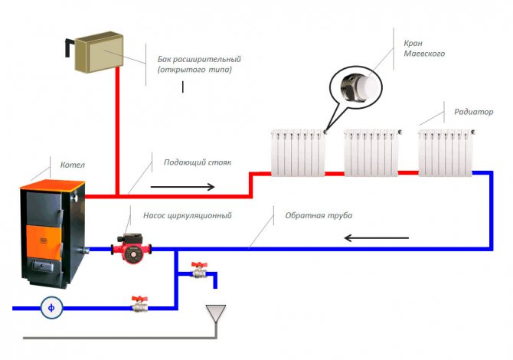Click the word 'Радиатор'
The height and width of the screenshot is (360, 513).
point(473,112)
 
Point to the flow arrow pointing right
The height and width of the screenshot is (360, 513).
point(182,185)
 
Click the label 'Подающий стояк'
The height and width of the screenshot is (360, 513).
point(197,162)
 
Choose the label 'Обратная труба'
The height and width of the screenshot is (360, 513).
point(319,216)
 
